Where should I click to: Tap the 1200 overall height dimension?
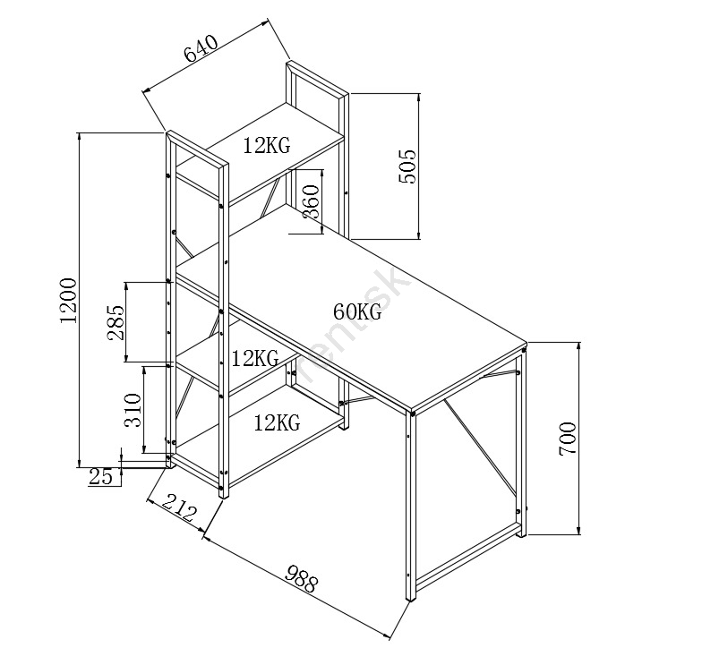69,301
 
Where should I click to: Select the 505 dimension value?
407,166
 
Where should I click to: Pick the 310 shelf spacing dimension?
131,409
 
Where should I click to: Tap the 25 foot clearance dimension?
102,476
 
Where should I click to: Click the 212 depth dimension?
178,510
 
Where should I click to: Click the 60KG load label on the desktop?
357,312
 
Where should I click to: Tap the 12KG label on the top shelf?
266,146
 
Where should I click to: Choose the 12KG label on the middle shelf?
255,359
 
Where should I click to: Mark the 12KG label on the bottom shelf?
276,422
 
